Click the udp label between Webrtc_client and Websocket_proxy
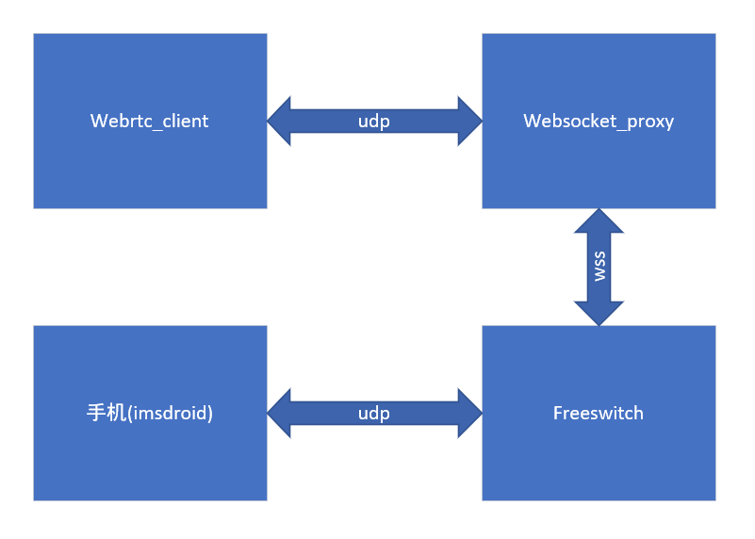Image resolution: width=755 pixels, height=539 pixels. pyautogui.click(x=374, y=122)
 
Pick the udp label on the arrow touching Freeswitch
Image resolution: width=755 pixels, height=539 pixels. pyautogui.click(x=374, y=414)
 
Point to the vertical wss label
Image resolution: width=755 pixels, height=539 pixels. pyautogui.click(x=599, y=267)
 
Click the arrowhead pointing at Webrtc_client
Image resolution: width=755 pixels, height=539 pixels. pyautogui.click(x=280, y=121)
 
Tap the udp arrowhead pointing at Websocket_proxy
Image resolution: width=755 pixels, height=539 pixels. pyautogui.click(x=469, y=121)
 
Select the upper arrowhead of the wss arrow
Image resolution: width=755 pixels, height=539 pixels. pyautogui.click(x=599, y=221)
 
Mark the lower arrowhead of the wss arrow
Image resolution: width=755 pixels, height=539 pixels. pyautogui.click(x=599, y=313)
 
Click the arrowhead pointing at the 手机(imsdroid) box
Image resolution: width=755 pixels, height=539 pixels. pyautogui.click(x=280, y=413)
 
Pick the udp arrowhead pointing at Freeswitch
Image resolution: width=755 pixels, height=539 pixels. pyautogui.click(x=469, y=413)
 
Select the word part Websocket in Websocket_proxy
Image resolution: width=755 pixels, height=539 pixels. pyautogui.click(x=562, y=121)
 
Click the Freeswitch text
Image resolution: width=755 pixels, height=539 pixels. pyautogui.click(x=599, y=413)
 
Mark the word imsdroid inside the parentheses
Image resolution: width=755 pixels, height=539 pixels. pyautogui.click(x=170, y=413)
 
